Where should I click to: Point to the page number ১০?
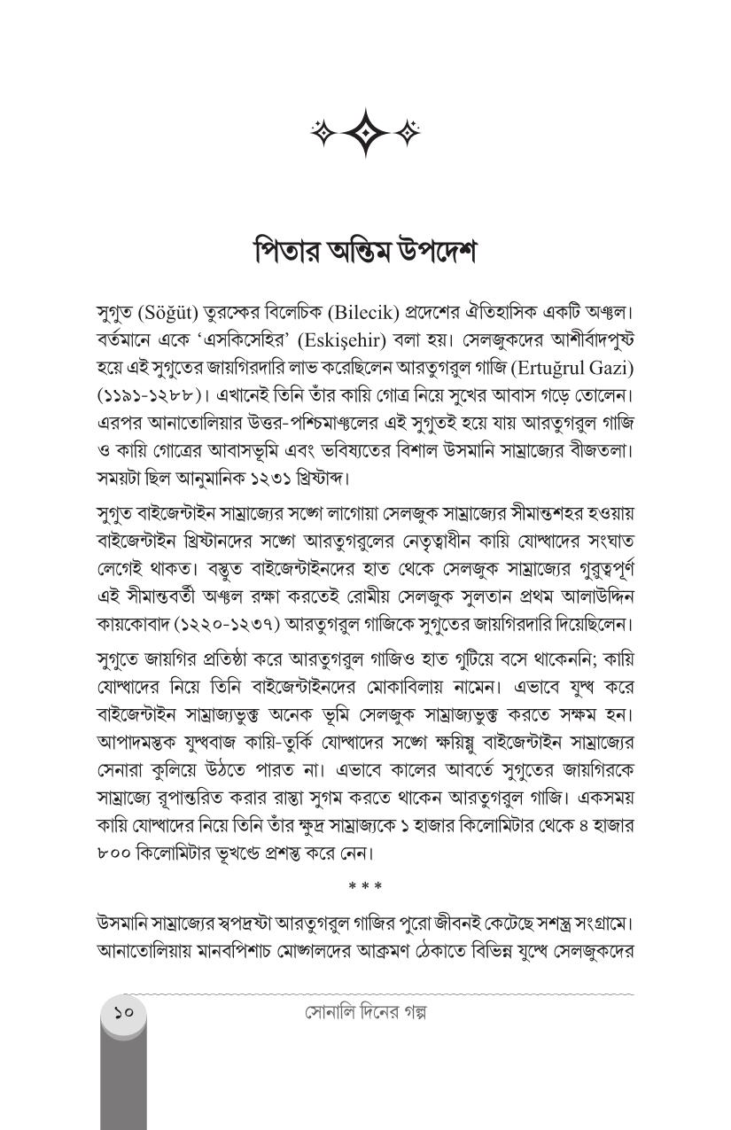[x=123, y=1010]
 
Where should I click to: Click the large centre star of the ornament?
[x=365, y=133]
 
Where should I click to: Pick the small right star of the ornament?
[x=408, y=133]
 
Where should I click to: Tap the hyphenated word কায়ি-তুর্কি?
[x=314, y=743]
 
